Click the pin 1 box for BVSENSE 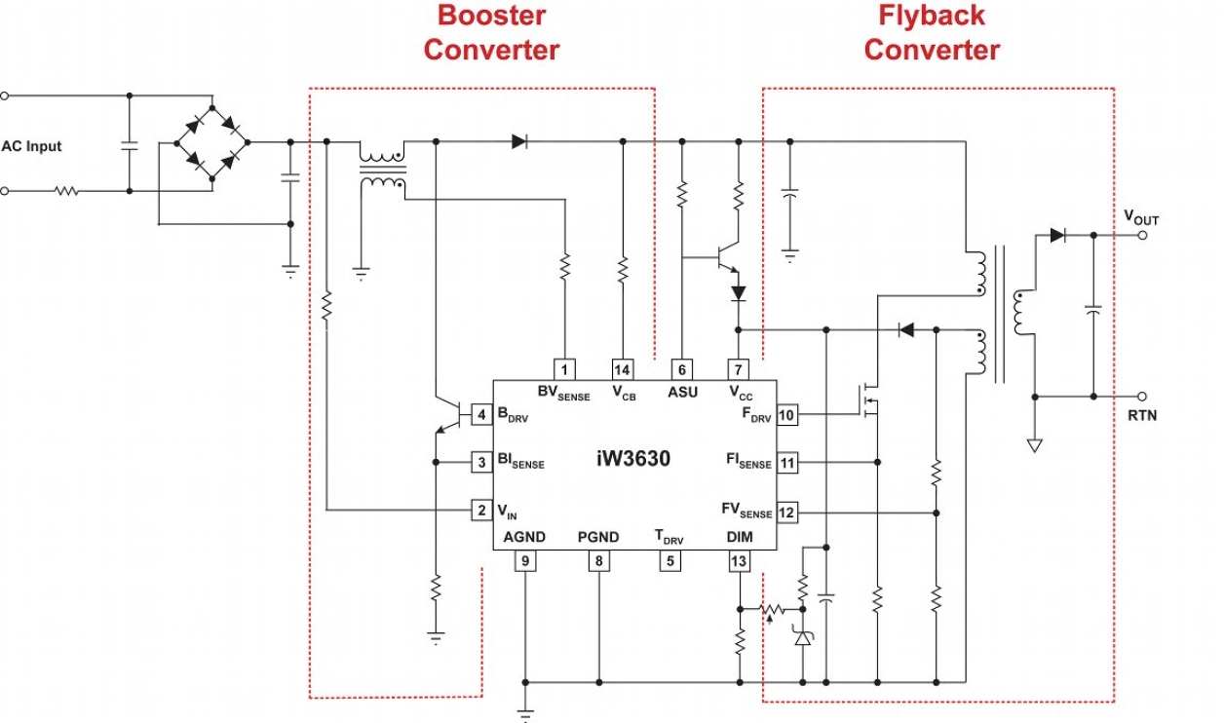565,369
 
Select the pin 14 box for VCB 623,369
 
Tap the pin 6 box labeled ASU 681,369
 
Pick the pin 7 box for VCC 739,369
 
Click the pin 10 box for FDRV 787,415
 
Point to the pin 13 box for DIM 739,560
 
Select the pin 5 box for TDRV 669,560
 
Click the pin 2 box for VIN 481,510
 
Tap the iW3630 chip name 633,458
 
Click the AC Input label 31,146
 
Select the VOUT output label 1141,218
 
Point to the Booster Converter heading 491,32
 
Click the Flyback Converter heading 932,32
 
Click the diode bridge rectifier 212,142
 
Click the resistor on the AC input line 66,192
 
